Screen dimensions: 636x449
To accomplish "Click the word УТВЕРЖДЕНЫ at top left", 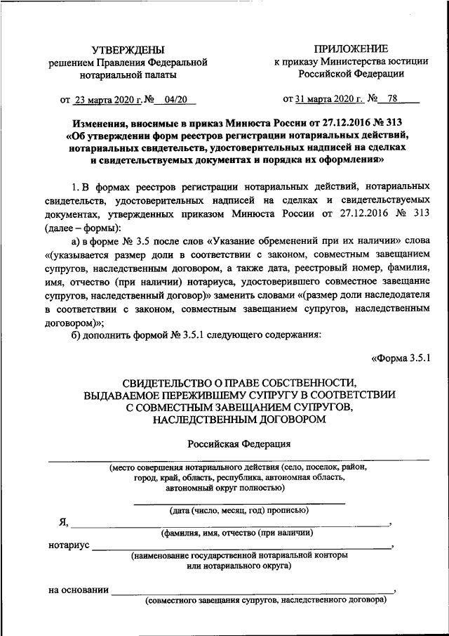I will tap(128, 50).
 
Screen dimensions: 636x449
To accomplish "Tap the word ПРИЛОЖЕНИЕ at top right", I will tap(350, 48).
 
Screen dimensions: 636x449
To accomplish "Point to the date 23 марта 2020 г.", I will tap(106, 99).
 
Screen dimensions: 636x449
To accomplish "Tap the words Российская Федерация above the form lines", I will tap(239, 444).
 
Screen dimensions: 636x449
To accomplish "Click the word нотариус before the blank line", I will tap(69, 545).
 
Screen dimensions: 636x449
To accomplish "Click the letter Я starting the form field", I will tap(63, 522).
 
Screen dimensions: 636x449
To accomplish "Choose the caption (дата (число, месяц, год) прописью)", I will tap(239, 510).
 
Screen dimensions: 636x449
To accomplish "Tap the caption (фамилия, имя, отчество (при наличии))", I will tap(236, 533).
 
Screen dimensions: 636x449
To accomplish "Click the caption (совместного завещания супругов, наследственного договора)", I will tap(266, 602).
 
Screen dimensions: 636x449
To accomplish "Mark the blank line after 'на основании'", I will tap(253, 593).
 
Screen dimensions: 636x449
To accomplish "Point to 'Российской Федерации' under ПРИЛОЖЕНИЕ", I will tap(350, 74).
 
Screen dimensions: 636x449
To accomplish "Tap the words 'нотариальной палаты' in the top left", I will tap(128, 74).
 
